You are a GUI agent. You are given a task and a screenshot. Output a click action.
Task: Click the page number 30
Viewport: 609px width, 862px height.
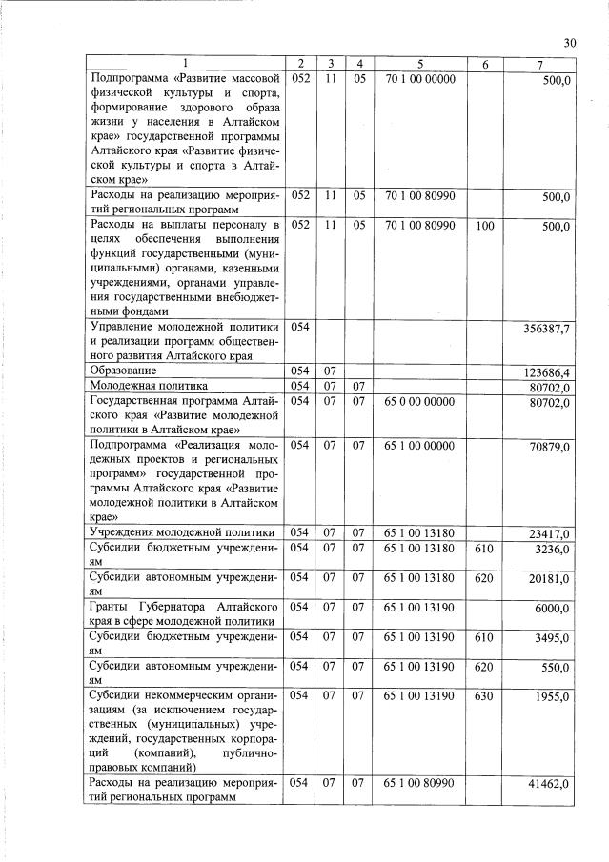(570, 42)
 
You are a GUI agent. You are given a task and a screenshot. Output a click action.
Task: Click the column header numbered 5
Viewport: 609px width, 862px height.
(417, 63)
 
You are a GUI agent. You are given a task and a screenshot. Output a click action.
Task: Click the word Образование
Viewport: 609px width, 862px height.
(123, 369)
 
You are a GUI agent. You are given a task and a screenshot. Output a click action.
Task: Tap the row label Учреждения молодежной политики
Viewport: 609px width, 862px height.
(182, 531)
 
